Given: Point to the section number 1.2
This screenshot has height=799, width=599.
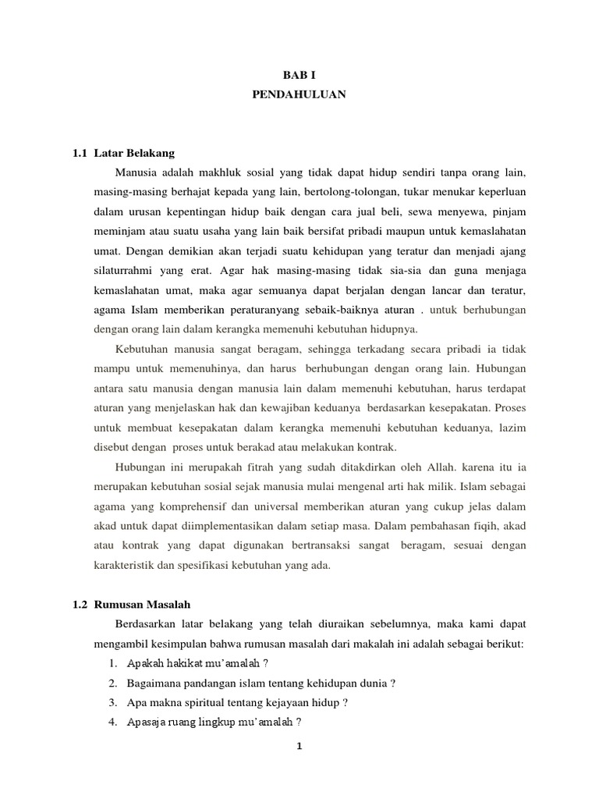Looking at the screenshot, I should [81, 605].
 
